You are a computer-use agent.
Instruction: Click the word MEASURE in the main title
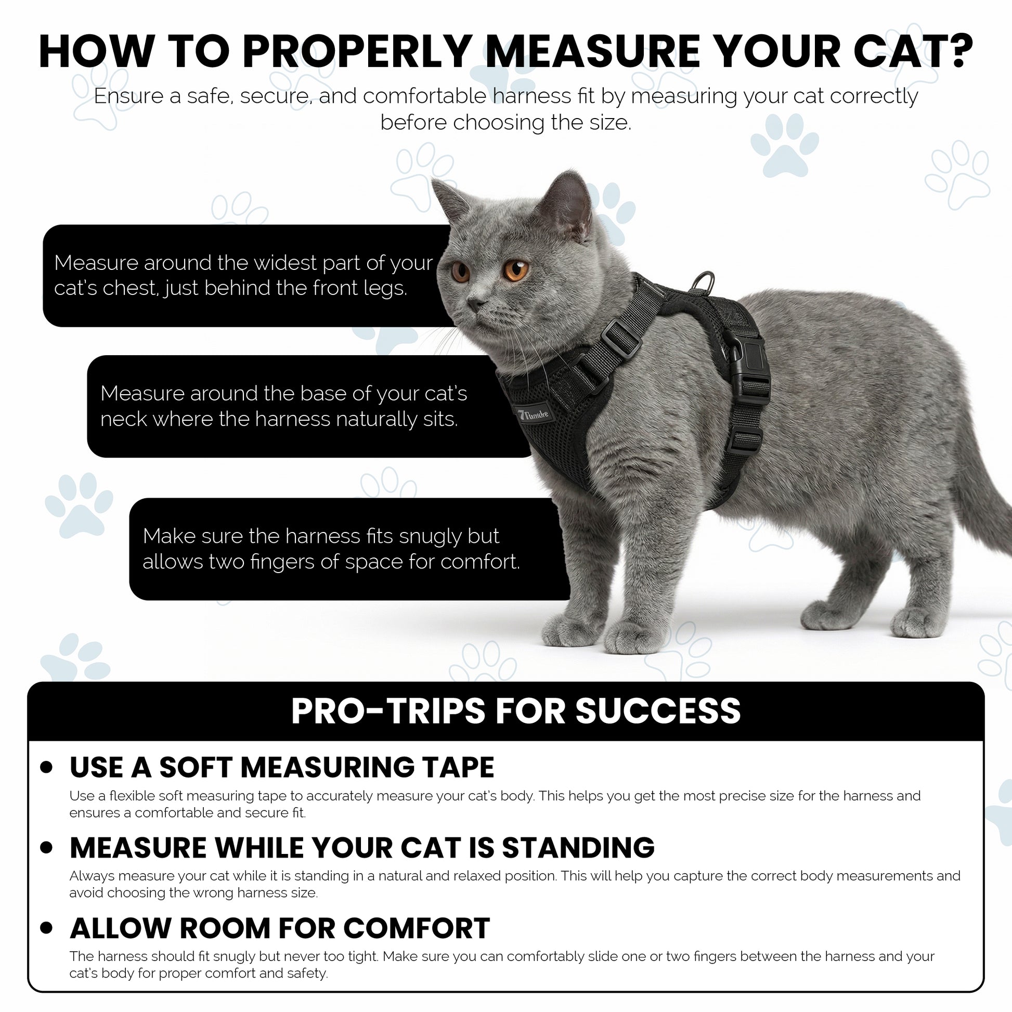point(592,51)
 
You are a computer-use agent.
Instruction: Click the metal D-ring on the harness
point(703,283)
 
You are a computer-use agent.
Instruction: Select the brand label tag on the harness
point(534,414)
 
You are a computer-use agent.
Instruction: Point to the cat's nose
point(475,303)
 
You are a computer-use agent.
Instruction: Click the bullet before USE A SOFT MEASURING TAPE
point(47,768)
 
